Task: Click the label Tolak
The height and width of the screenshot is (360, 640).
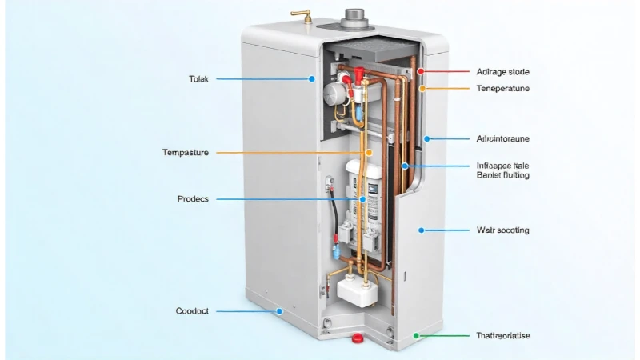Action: [198, 78]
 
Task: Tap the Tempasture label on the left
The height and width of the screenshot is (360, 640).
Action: [185, 152]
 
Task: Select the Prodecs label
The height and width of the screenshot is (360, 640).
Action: [192, 198]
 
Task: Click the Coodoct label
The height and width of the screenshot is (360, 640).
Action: [192, 310]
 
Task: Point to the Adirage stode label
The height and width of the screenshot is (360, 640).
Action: [502, 72]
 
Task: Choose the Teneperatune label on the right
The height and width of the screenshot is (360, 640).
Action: [502, 88]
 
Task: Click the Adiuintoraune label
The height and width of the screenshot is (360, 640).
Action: [502, 138]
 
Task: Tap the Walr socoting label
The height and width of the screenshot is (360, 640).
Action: [502, 230]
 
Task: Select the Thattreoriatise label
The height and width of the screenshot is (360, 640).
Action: [502, 336]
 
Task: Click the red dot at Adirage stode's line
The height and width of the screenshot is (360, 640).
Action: [421, 71]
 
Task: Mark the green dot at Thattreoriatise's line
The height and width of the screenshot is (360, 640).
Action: [416, 336]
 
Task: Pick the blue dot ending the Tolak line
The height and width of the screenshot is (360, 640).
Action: [312, 78]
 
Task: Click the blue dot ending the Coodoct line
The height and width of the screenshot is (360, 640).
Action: [279, 310]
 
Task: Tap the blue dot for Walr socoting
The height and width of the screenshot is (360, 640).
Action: [421, 230]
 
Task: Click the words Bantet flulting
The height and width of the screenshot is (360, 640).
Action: [502, 174]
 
